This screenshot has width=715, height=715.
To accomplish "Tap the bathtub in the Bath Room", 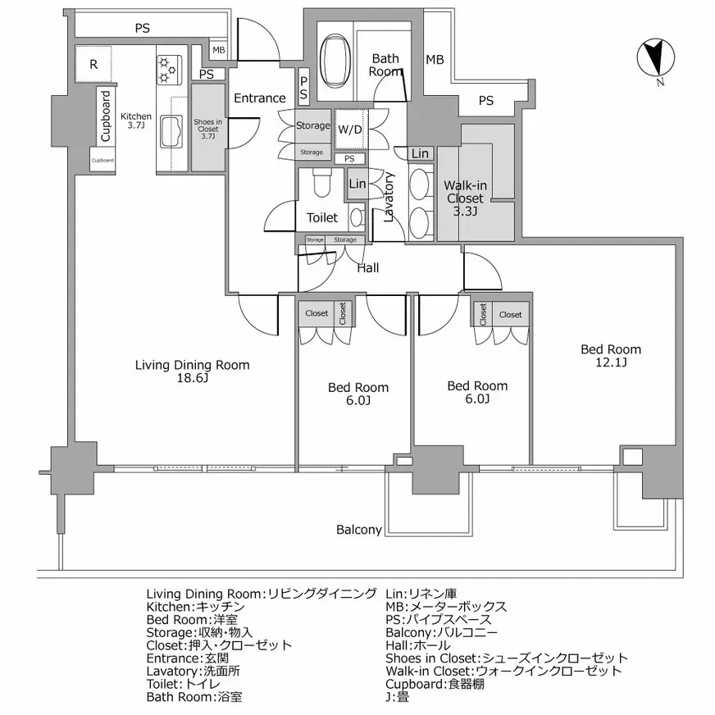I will click(x=335, y=61).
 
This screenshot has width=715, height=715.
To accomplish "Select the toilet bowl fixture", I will click(x=320, y=184).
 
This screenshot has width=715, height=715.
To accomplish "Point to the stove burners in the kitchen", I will click(x=168, y=71).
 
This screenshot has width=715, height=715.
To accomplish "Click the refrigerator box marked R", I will click(x=94, y=64).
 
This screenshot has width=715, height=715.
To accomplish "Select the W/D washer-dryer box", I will click(x=350, y=130).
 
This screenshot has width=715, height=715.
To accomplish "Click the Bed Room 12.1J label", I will click(x=611, y=356).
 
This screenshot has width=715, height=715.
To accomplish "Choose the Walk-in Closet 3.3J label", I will click(x=465, y=198).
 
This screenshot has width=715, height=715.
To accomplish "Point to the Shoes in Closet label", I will click(x=207, y=129).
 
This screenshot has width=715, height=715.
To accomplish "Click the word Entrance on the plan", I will click(x=260, y=98).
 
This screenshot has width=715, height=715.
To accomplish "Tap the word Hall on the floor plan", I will click(x=367, y=267).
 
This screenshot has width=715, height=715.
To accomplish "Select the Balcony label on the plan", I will click(x=359, y=530).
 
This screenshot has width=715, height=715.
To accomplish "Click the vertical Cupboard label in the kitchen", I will click(x=106, y=116).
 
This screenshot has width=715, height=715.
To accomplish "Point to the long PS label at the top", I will click(x=143, y=28).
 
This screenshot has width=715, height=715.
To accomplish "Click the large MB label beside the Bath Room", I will click(x=435, y=60).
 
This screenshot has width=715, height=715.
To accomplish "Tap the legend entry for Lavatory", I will click(x=193, y=671).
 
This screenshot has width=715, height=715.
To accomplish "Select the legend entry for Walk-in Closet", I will click(x=503, y=671).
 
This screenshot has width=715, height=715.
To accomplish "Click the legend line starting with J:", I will click(x=398, y=697).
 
